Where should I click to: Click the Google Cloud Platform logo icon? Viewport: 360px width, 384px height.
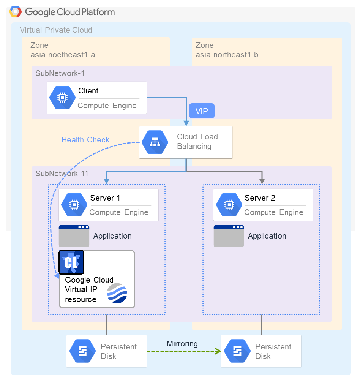click(x=16, y=12)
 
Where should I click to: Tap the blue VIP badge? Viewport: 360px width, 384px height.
click(x=202, y=111)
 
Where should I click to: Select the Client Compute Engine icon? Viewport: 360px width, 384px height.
click(x=61, y=98)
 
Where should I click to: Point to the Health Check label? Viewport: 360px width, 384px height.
click(x=85, y=140)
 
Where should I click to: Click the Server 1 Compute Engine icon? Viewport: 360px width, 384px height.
click(x=73, y=205)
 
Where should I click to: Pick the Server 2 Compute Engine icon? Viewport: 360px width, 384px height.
click(x=229, y=205)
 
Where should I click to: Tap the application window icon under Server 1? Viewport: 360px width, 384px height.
click(x=74, y=236)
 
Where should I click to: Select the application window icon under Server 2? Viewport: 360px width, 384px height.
click(x=229, y=236)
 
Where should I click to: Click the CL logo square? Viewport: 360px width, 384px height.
click(x=71, y=262)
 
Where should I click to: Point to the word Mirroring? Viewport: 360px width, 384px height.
click(x=182, y=344)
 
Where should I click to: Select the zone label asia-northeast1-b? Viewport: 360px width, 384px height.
click(x=227, y=55)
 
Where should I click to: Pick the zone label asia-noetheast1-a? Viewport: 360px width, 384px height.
click(x=63, y=55)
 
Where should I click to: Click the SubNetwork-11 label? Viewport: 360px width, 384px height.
click(x=62, y=174)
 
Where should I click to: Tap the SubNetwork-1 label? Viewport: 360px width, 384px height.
click(x=60, y=73)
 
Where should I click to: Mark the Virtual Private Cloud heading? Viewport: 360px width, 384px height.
click(x=56, y=30)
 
